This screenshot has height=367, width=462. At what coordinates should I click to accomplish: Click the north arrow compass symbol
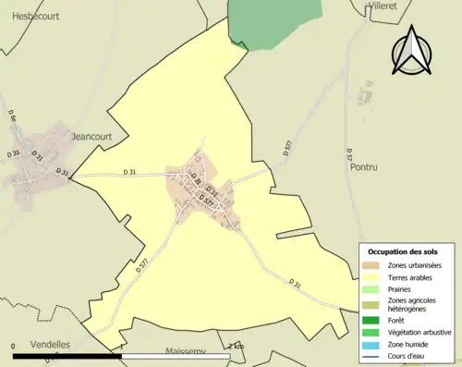(412, 53)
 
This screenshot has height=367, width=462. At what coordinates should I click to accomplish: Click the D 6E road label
(13, 117)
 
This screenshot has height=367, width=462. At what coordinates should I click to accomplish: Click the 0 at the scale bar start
(13, 346)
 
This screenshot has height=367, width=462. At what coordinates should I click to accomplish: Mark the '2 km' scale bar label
(236, 346)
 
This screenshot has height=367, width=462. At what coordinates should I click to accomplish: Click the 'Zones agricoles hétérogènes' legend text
(412, 304)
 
